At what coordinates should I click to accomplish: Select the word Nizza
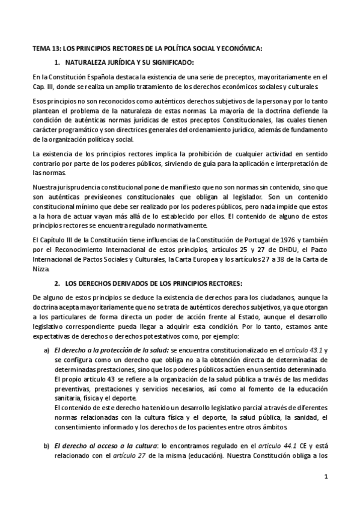tap(41, 269)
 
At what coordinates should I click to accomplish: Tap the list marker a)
tap(46, 349)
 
